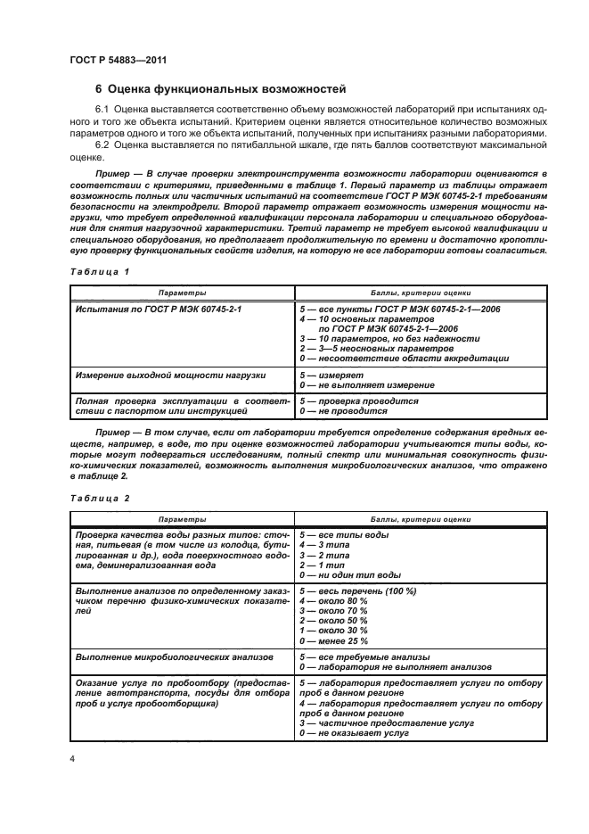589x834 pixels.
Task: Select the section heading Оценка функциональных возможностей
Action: pyautogui.click(x=221, y=90)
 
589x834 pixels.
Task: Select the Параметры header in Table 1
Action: pyautogui.click(x=184, y=292)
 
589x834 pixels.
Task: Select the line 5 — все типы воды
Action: pyautogui.click(x=346, y=533)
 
